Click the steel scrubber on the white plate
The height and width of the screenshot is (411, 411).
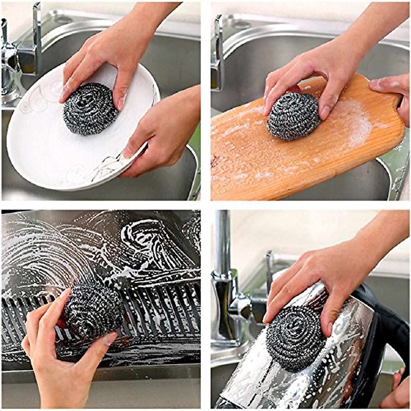[x=90, y=109]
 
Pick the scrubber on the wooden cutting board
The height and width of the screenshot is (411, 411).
[x=293, y=116]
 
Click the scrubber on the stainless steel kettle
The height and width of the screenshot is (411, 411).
[x=295, y=337]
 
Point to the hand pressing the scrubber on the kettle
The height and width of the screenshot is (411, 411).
[x=325, y=274]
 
